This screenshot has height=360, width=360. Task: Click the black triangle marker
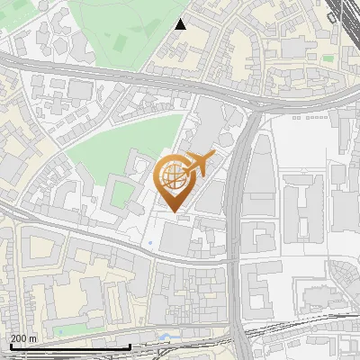point(181,24)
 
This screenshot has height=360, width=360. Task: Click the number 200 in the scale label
point(19,339)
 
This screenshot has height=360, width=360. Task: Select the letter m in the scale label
point(33,339)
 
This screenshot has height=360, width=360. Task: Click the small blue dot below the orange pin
point(148,243)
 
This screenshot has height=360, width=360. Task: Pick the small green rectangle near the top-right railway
point(328,59)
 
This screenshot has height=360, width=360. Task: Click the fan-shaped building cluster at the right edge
point(346,279)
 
